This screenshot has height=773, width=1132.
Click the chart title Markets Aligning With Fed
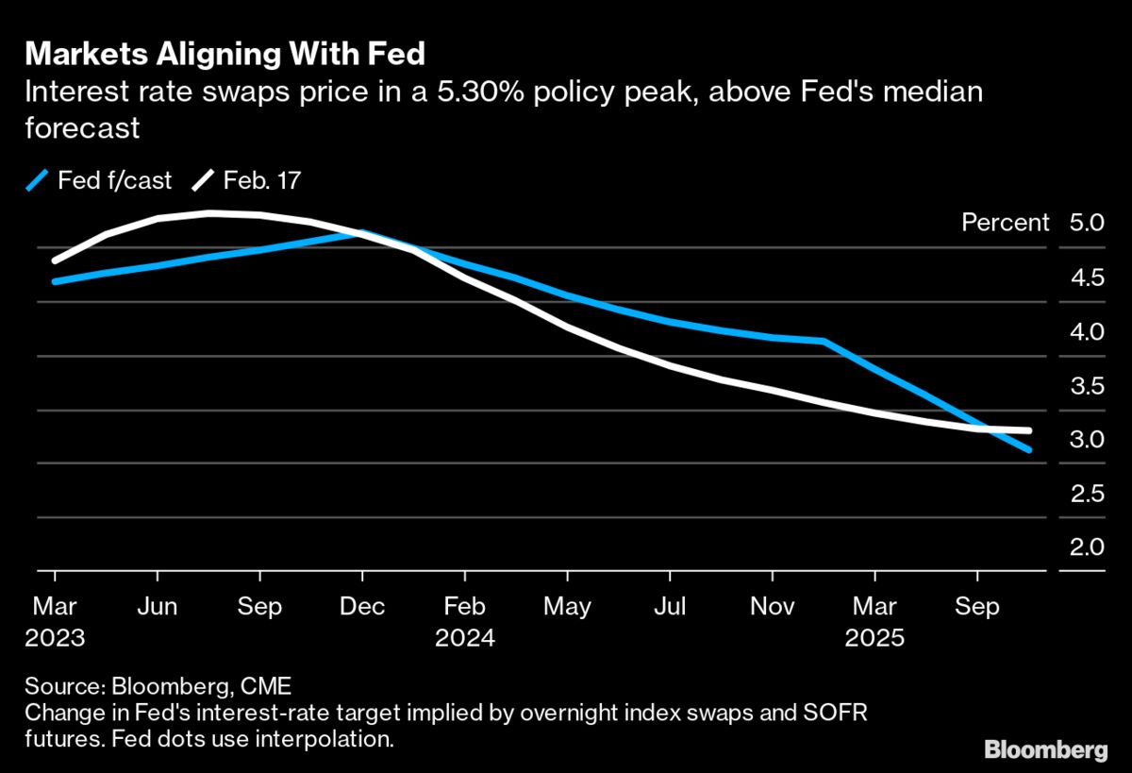coord(225,54)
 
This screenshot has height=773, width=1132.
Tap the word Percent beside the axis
coord(1005,223)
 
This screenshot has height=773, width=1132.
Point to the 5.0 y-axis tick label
coord(1087,223)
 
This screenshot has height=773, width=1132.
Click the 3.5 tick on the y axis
coord(1087,385)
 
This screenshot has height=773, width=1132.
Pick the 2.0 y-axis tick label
coord(1087,547)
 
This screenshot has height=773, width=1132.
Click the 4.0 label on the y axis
coord(1087,331)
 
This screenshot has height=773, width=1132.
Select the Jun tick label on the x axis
coord(158,606)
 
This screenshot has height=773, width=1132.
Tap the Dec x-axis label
coord(362,606)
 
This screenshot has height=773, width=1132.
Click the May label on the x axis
coord(567,606)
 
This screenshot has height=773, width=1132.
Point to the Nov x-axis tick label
coord(773,606)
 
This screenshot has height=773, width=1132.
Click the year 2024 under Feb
coord(465,637)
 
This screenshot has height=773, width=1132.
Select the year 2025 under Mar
coord(874,637)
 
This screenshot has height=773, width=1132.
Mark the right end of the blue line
coord(1029,450)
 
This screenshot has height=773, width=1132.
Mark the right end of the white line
coord(1029,431)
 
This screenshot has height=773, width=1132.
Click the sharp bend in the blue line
coord(824,341)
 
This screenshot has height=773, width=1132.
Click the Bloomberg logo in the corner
coord(1046,749)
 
